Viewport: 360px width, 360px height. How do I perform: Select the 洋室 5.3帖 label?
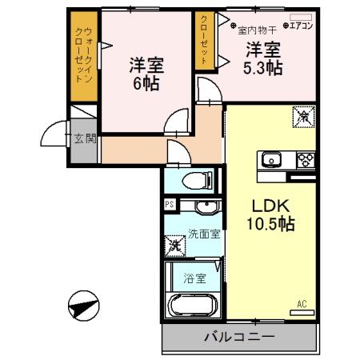click(x=262, y=57)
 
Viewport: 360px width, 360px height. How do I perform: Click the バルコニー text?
click(x=238, y=336)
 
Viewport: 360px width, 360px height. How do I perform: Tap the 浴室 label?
click(x=194, y=279)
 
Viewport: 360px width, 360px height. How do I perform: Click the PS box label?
click(x=169, y=205)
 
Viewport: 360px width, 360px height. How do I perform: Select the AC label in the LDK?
click(x=302, y=304)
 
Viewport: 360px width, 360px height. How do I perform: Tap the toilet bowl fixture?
click(x=193, y=182)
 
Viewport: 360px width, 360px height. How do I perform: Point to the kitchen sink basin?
click(x=269, y=158)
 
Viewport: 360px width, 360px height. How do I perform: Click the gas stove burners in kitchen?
click(x=305, y=158)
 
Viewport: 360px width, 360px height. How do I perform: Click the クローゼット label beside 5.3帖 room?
click(x=205, y=40)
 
